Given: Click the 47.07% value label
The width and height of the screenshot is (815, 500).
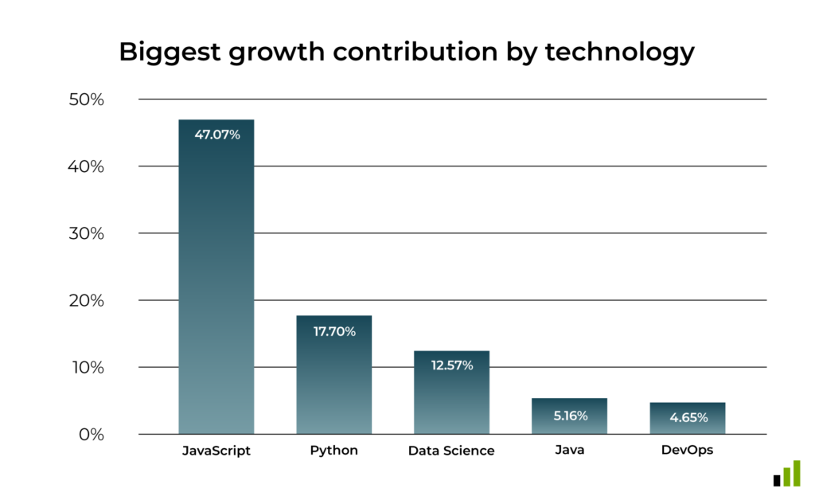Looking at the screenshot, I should [x=216, y=135].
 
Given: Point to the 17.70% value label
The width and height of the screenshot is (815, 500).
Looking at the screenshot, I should [x=333, y=330].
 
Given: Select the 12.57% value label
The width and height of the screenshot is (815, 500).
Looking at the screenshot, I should [x=451, y=365].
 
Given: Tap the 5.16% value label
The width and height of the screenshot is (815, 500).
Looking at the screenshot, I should [x=569, y=415].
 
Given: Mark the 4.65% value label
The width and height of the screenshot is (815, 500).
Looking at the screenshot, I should [x=687, y=417].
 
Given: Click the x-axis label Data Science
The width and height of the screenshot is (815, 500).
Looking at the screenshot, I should [x=451, y=451].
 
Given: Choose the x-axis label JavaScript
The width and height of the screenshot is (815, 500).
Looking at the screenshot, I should [x=216, y=451].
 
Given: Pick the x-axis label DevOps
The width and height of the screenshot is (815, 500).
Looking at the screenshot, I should [x=687, y=450].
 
